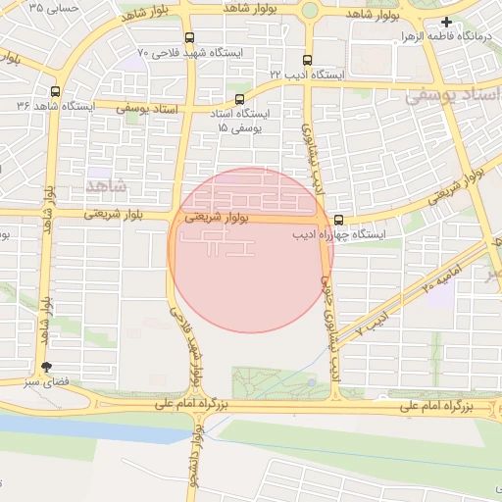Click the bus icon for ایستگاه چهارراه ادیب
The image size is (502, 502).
338,220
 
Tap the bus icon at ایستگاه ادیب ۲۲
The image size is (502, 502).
309,60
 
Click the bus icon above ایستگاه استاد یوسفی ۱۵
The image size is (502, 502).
240,99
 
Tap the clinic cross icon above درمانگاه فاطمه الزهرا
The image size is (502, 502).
447,22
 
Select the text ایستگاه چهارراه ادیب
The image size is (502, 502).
344,235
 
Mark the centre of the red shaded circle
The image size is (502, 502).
250,250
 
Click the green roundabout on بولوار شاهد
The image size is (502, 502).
310,11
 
